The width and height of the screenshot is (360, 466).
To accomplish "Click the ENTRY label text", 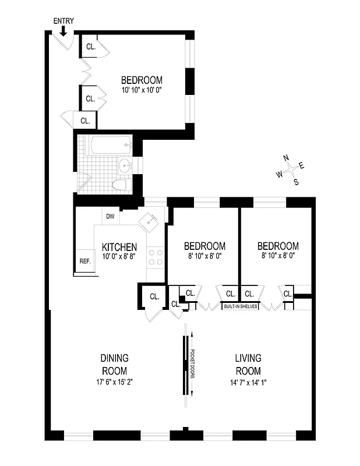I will (x=63, y=21).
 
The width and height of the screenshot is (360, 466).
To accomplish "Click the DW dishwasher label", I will (x=110, y=217).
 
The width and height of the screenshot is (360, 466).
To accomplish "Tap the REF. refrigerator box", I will (x=85, y=261).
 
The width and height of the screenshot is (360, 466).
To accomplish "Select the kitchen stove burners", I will (x=156, y=257).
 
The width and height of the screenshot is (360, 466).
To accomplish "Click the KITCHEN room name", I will (x=119, y=247).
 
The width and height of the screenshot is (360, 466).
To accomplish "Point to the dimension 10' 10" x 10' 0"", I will (x=142, y=90).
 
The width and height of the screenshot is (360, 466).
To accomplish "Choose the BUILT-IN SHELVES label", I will (x=240, y=306).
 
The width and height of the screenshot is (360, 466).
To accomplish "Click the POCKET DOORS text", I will (x=193, y=364).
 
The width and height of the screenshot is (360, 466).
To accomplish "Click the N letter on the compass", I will (x=286, y=157).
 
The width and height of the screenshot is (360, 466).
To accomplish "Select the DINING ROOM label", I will (x=114, y=365).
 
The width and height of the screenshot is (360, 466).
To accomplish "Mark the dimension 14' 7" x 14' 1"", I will (x=248, y=383).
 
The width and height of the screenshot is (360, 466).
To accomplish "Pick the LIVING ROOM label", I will (x=248, y=365).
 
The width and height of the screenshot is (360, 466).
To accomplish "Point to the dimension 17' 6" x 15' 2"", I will (x=114, y=383).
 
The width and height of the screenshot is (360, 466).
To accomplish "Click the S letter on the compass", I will (x=296, y=181).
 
